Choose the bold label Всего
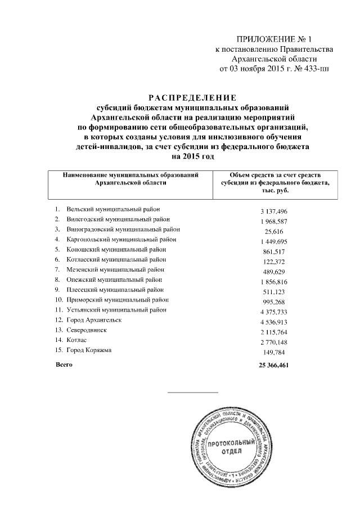(64, 365)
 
